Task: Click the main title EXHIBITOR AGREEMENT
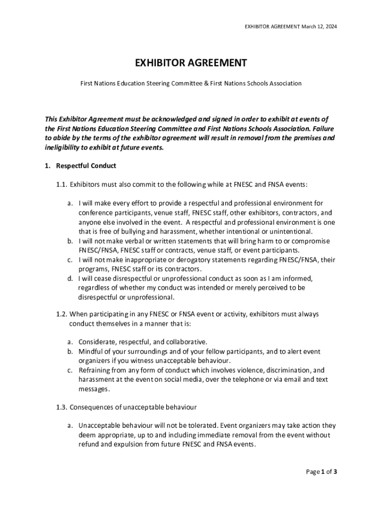(x=191, y=63)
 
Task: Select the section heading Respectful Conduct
(x=86, y=165)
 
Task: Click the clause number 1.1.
(x=62, y=185)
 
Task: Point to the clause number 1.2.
(x=62, y=314)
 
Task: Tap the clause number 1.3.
(x=62, y=407)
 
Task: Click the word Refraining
(x=95, y=370)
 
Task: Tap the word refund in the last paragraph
(x=88, y=444)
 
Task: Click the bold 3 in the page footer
(x=335, y=472)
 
